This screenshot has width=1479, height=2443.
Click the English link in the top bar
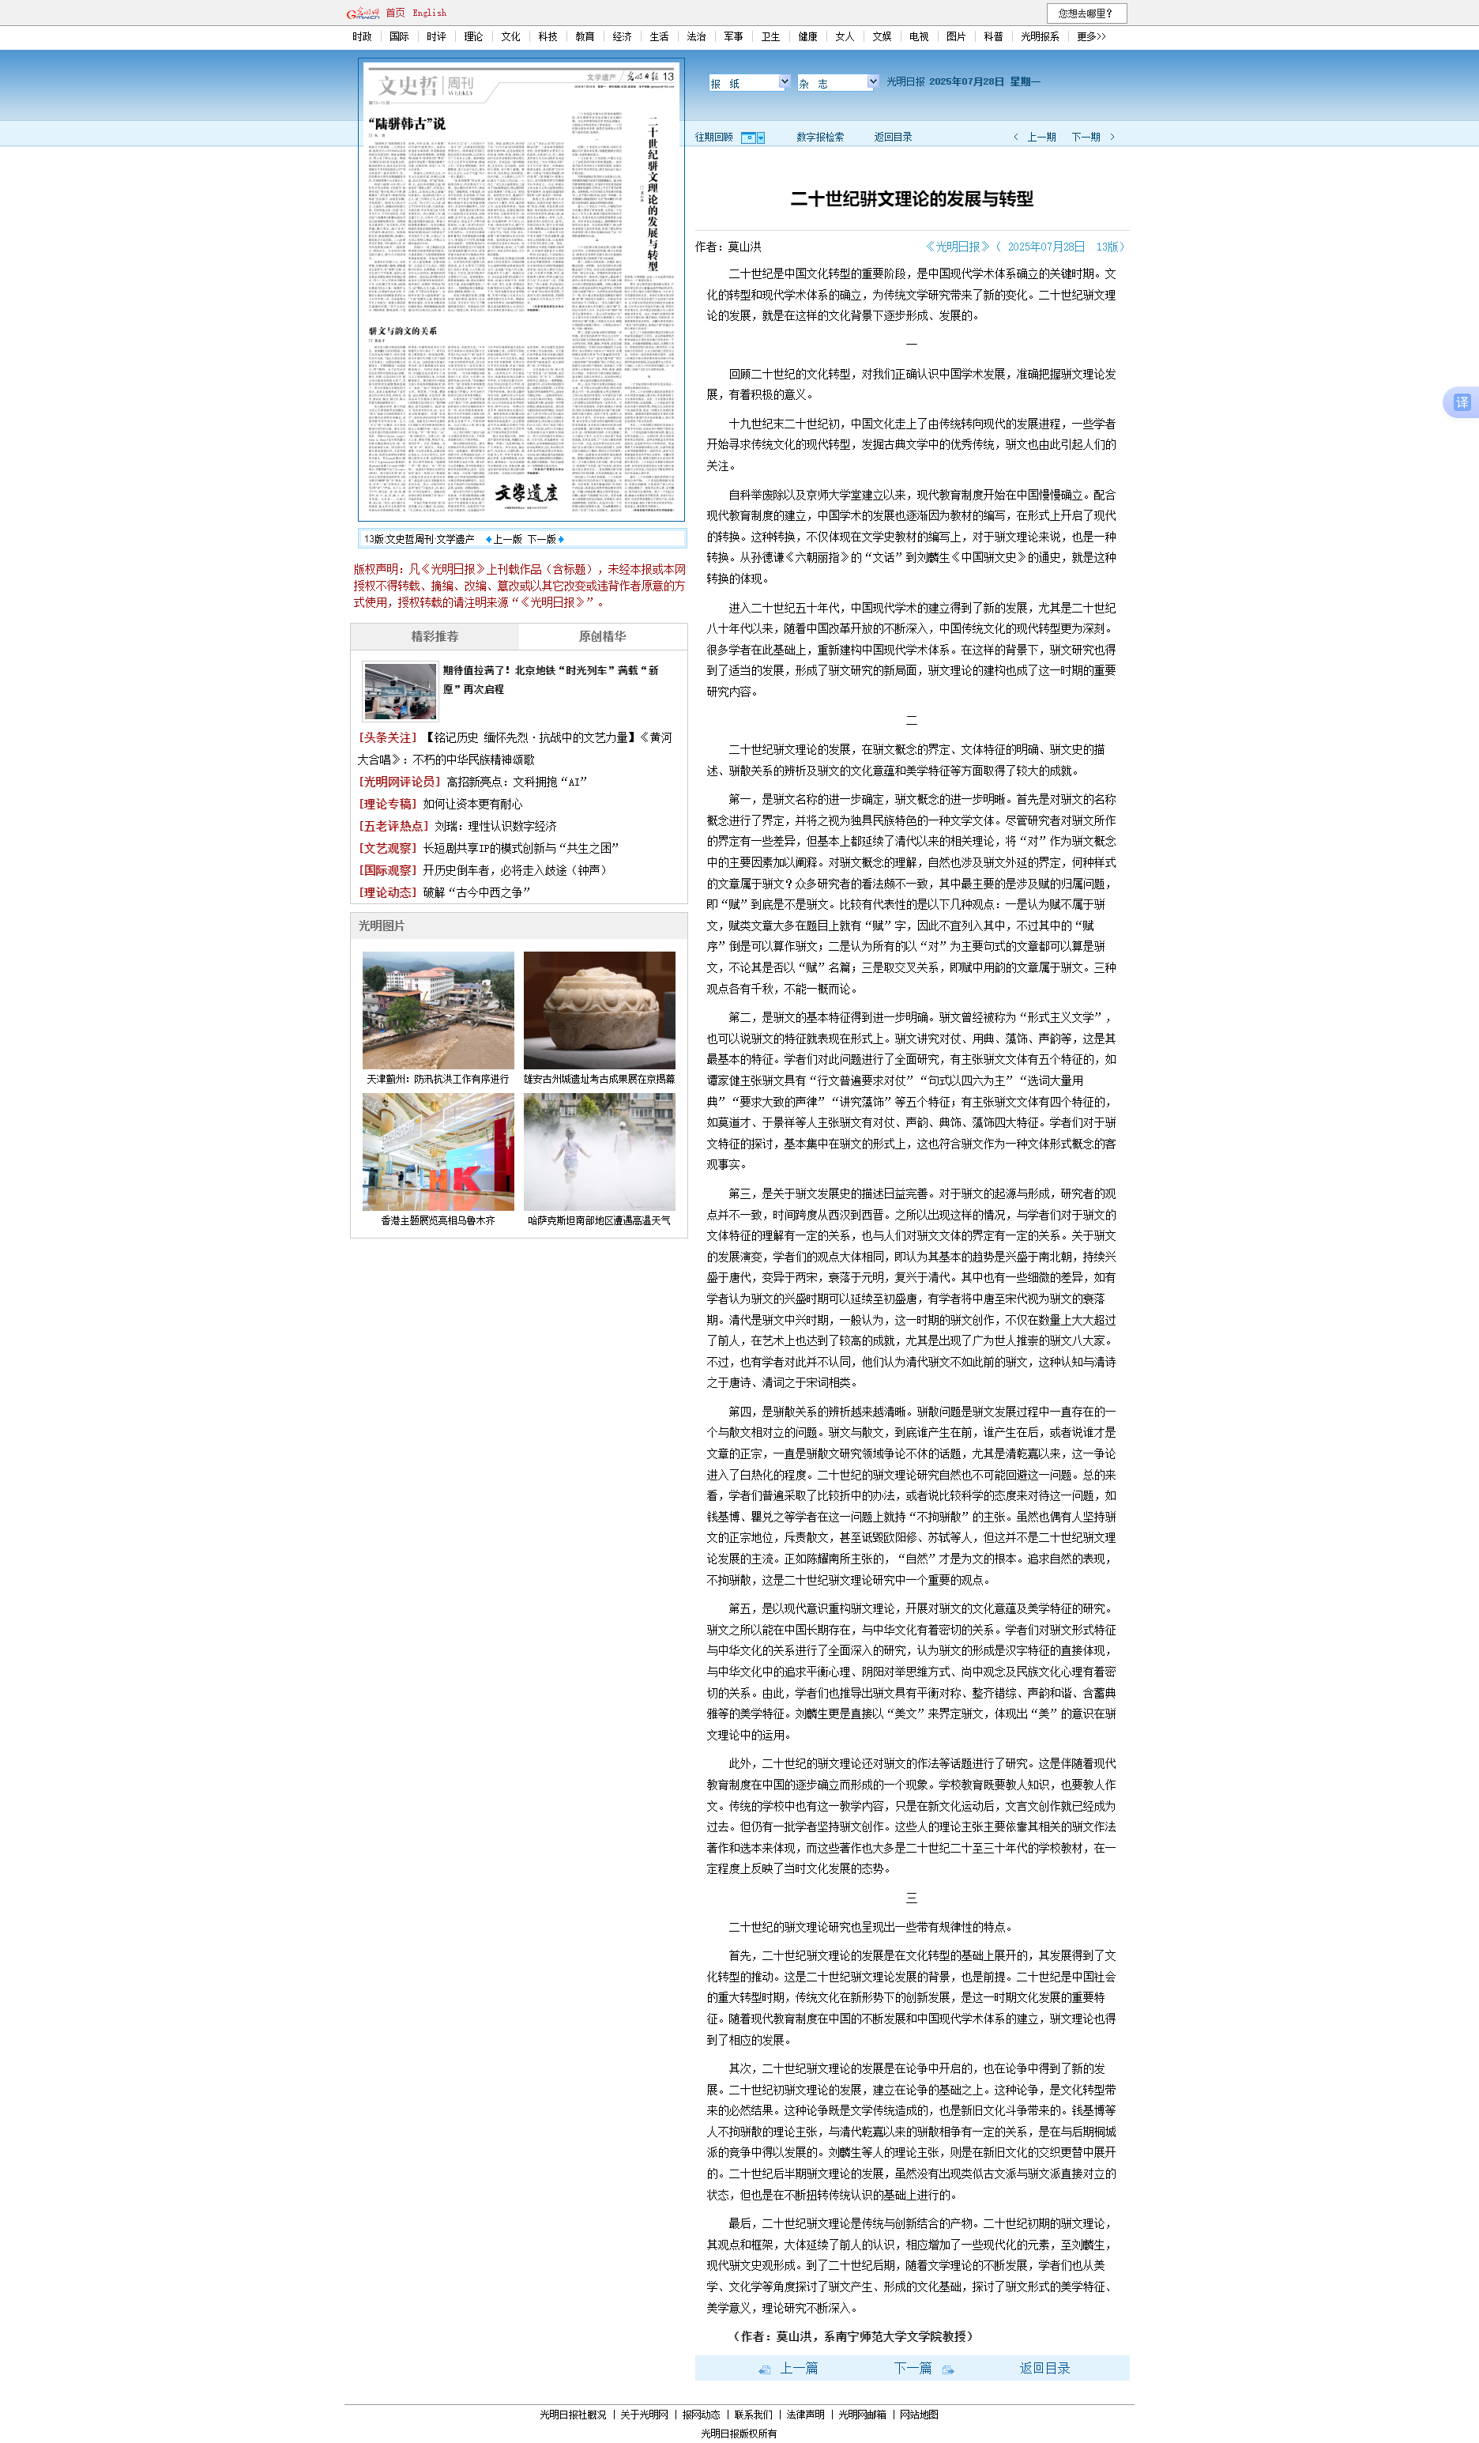429,13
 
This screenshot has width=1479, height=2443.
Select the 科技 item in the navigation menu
548,36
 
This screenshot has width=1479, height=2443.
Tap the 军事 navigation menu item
732,36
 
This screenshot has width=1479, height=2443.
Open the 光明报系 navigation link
1039,36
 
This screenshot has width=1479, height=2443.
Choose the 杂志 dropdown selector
837,83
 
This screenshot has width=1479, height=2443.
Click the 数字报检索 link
820,137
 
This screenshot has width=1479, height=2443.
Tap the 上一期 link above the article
1040,137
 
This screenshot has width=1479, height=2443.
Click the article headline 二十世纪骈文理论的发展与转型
911,199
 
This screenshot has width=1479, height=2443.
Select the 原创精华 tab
602,636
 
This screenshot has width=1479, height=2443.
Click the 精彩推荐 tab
435,636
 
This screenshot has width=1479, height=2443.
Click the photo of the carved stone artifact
599,1009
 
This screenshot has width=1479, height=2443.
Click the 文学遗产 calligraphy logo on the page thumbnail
526,492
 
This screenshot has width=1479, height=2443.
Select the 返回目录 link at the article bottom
1044,2369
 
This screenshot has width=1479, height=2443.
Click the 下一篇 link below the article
913,2369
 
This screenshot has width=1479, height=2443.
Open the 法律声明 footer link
805,2415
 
